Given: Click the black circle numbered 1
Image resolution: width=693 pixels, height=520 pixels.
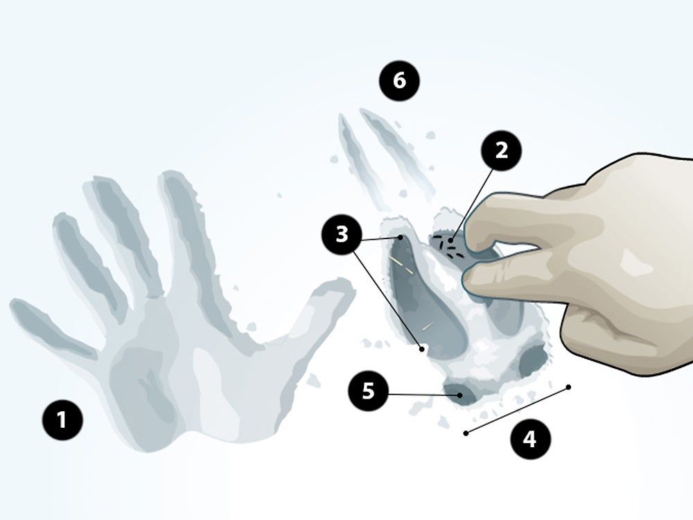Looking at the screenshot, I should (62, 419).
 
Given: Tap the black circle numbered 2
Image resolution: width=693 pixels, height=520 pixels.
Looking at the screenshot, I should (501, 151).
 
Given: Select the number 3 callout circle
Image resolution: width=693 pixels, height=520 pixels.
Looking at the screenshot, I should (342, 235).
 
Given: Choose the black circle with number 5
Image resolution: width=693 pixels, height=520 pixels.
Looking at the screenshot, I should (368, 390).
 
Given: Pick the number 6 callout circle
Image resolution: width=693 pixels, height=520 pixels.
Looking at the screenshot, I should (400, 81).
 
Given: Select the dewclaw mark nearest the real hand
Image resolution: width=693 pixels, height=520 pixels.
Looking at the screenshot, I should (534, 359).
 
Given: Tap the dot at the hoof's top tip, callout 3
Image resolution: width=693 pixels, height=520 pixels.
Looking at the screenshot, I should (401, 237).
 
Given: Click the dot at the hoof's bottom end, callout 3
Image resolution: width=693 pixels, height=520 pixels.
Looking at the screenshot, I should (422, 349).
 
